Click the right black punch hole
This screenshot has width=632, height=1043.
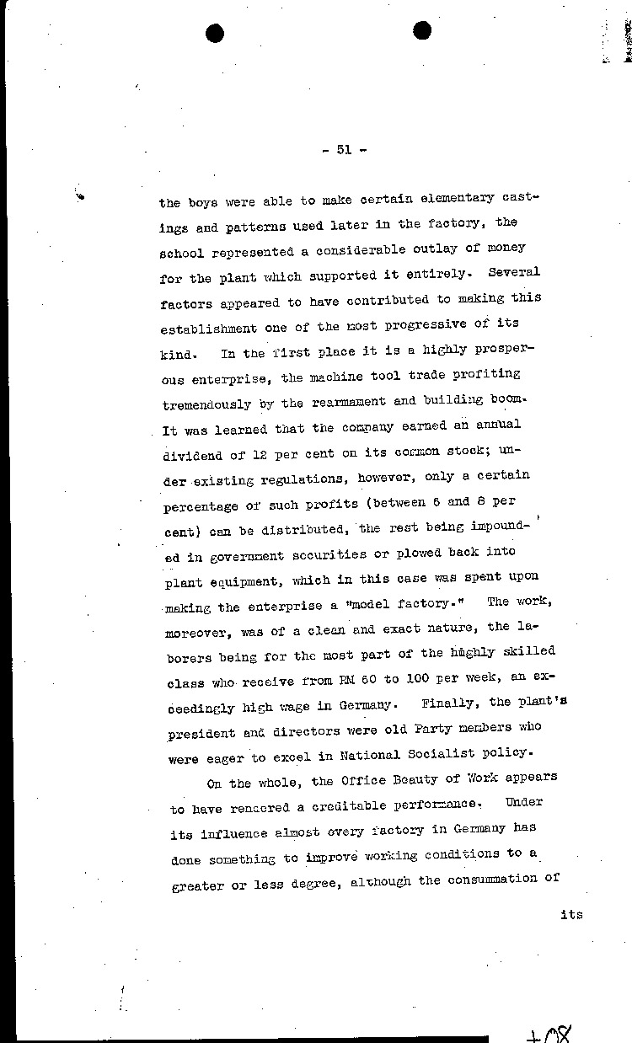click(x=423, y=31)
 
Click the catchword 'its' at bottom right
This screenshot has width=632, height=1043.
click(x=571, y=915)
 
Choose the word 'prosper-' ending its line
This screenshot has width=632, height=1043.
click(x=508, y=348)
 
